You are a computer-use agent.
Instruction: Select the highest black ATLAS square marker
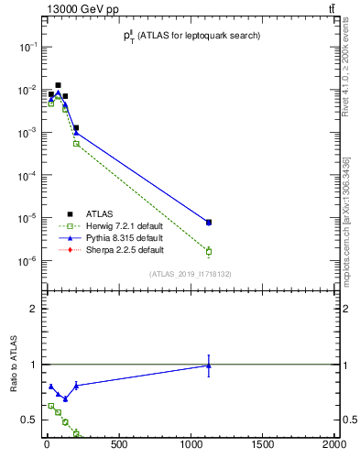coord(59,85)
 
